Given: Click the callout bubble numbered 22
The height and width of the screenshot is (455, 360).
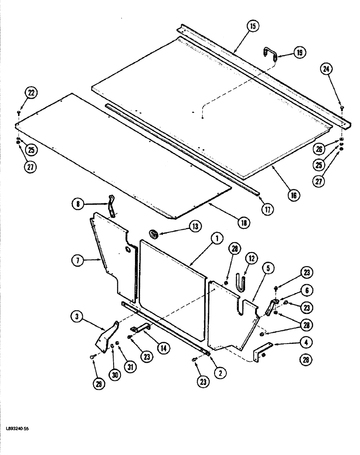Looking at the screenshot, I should tap(31, 93).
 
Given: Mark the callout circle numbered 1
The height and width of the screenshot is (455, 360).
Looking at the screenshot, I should tap(217, 238).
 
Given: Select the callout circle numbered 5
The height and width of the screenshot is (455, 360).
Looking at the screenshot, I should tap(268, 269).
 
